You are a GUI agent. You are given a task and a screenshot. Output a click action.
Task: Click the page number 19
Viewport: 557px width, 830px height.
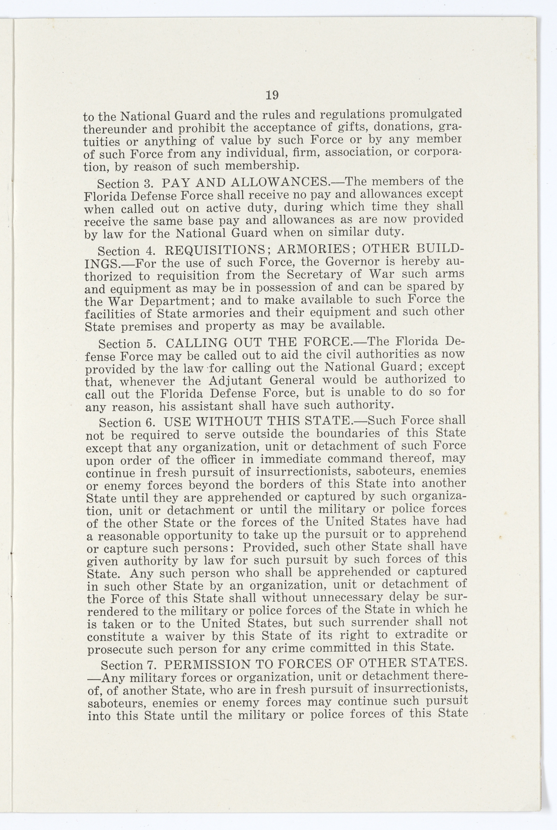pyautogui.click(x=272, y=96)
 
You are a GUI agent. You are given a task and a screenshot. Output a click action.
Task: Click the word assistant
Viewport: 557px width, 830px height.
pyautogui.click(x=208, y=408)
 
